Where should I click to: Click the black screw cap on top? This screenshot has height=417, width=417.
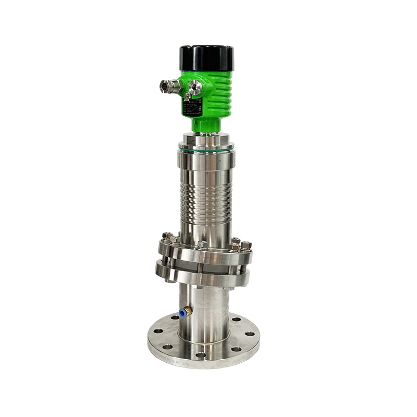pos(206,58)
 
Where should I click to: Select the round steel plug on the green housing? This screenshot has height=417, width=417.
pos(196,87)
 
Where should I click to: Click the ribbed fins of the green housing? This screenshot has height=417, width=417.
pos(222,94)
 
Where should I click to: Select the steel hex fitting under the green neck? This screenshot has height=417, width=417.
pos(206,140)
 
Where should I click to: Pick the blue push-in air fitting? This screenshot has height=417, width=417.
pos(183,312)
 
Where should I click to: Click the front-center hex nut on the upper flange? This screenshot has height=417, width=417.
pos(203,245)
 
